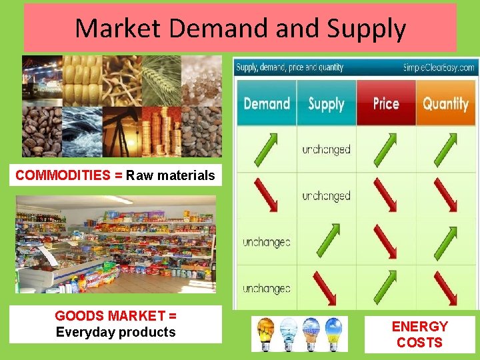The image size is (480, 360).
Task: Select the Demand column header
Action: point(267,103)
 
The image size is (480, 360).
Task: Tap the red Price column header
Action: point(386,103)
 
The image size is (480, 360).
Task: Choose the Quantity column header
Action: point(445,103)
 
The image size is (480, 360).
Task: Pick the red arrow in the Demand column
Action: point(267,196)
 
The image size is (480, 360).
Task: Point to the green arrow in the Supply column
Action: point(327,241)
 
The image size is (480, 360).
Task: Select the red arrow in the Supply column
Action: point(327,288)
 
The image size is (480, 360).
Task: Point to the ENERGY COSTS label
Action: point(419,335)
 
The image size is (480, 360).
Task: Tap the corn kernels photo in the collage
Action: point(82,80)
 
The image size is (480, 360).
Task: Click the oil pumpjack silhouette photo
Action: point(122,131)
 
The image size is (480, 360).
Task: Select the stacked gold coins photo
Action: point(161,131)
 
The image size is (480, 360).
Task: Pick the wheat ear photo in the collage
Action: point(161,80)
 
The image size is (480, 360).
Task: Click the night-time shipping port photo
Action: point(42,80)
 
